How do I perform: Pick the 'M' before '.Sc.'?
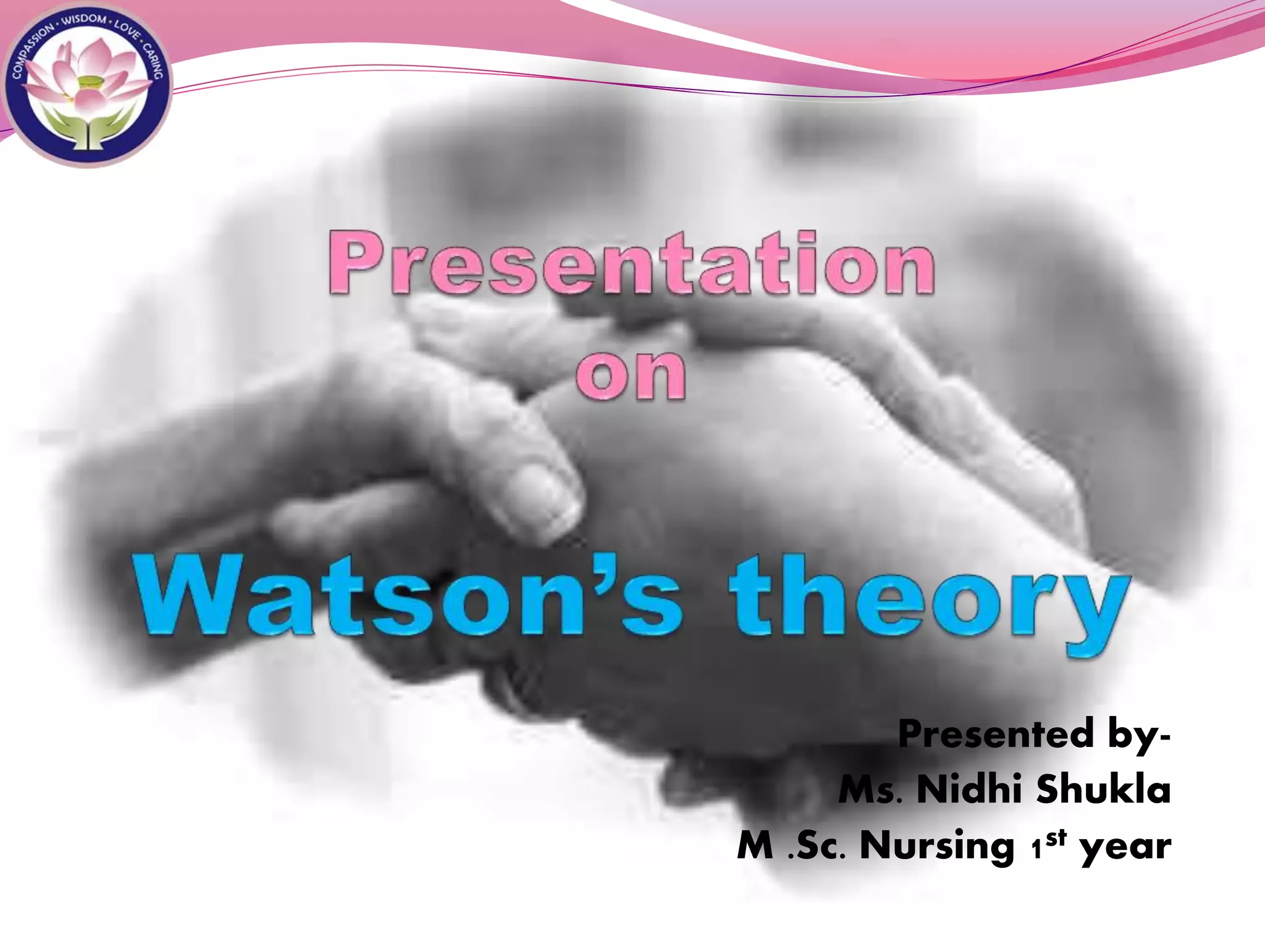pyautogui.click(x=755, y=846)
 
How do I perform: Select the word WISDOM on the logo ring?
pyautogui.click(x=84, y=22)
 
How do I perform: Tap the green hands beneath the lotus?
pyautogui.click(x=86, y=127)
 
